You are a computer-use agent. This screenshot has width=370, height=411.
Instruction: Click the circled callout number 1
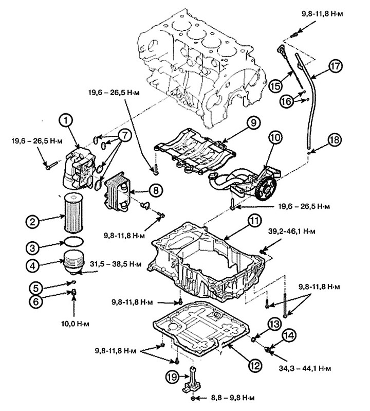[x=66, y=121]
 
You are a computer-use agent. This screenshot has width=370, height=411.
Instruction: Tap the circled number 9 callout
[x=253, y=123]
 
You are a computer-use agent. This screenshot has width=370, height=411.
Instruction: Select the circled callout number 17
[x=335, y=66]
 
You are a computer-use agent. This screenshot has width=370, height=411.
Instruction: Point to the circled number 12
[x=255, y=365]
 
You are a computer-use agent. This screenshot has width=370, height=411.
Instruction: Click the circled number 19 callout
[x=172, y=377]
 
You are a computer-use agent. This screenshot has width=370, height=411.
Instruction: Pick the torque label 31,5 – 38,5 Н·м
[x=116, y=264]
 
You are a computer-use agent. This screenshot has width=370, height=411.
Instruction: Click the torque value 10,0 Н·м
[x=75, y=324]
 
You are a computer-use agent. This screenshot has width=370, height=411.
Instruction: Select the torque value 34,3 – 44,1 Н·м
[x=305, y=368]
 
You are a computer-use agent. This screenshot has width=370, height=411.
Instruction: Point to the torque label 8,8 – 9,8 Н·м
[x=233, y=398]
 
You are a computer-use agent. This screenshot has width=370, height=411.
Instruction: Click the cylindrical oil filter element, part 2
[x=73, y=213]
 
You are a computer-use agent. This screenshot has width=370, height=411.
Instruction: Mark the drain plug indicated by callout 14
[x=267, y=349]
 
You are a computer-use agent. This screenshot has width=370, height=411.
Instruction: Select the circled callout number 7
[x=125, y=136]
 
